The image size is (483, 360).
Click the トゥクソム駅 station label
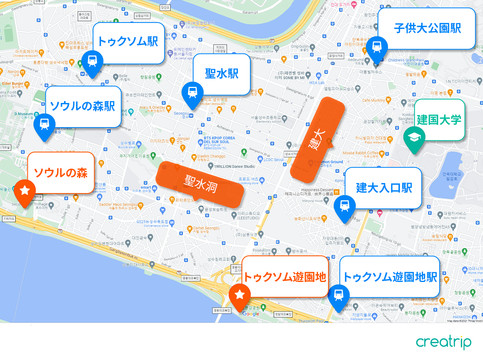tap(128, 42)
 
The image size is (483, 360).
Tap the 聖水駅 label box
tap(222, 74)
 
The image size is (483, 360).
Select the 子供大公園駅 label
tap(427, 28)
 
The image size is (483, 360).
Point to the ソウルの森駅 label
tap(83, 106)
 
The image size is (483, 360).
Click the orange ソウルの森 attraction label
tap(61, 173)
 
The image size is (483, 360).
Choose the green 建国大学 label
tap(439, 119)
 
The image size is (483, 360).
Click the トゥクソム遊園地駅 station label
tap(389, 277)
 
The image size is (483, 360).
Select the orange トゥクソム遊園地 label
tap(285, 277)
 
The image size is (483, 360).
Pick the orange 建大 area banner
tap(318, 139)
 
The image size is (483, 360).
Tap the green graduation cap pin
tap(414, 138)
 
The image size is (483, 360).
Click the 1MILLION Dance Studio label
tap(233, 166)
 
